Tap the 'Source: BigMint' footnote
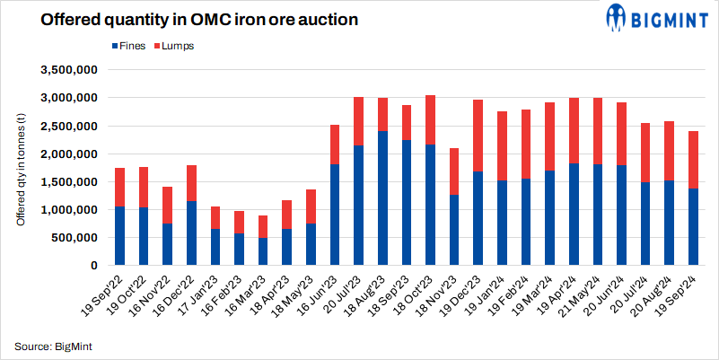(x=52, y=346)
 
